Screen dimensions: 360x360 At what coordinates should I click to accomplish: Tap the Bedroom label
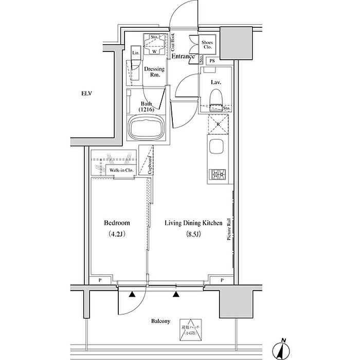pyautogui.click(x=117, y=223)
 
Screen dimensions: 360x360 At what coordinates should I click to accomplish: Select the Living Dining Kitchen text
pyautogui.click(x=193, y=223)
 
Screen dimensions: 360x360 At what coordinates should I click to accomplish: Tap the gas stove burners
pyautogui.click(x=216, y=175)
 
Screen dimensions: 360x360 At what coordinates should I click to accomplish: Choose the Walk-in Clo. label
pyautogui.click(x=121, y=170)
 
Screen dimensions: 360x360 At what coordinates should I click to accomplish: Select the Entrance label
pyautogui.click(x=183, y=56)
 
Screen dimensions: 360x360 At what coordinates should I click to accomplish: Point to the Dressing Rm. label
pyautogui.click(x=154, y=71)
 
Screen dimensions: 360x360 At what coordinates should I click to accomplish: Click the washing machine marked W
pyautogui.click(x=154, y=50)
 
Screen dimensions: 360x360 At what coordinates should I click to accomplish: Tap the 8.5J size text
pyautogui.click(x=193, y=235)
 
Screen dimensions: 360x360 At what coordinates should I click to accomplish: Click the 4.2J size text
pyautogui.click(x=117, y=235)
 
